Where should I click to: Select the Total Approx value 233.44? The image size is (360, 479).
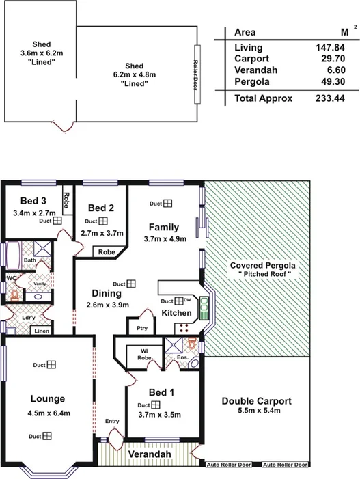[333, 98]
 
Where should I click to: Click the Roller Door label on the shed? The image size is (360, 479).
[195, 74]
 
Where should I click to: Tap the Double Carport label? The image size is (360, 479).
[257, 401]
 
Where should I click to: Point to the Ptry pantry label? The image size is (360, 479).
[142, 328]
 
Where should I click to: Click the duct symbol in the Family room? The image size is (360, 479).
[167, 203]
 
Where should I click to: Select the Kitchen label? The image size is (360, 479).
[176, 312]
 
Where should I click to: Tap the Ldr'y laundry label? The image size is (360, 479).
[28, 318]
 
